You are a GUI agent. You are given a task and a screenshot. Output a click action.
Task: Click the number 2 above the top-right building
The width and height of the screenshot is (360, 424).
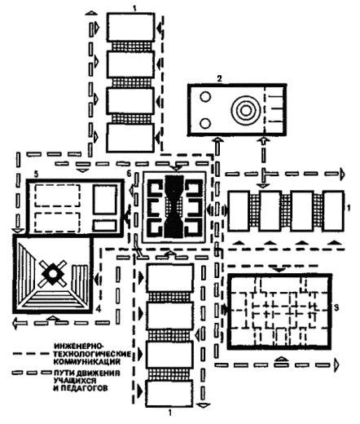219,79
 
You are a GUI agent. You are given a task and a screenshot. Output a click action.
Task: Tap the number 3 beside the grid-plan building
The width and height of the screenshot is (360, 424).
336,308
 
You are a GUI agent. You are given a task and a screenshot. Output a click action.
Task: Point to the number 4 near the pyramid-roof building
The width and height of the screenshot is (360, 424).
99,309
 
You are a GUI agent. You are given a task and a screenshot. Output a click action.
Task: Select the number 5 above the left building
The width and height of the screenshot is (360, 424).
36,174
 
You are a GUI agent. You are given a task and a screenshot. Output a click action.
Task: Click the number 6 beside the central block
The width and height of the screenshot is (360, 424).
130,174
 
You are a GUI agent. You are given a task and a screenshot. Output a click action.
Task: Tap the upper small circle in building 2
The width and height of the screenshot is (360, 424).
205,97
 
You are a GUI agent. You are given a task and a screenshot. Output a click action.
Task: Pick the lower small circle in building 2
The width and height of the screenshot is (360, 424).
205,124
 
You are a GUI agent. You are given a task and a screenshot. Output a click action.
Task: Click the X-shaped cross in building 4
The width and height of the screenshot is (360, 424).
53,274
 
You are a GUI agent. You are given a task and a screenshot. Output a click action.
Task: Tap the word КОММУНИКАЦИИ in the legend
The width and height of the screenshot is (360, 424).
87,362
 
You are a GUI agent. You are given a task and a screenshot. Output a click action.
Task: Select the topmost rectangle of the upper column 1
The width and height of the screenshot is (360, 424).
130,27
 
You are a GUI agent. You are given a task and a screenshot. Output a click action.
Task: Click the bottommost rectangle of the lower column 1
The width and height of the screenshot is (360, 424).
169,393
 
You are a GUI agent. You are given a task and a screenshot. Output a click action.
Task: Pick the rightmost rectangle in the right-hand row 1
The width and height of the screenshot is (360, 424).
333,211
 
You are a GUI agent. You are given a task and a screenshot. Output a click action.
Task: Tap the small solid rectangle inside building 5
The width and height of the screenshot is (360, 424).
104,226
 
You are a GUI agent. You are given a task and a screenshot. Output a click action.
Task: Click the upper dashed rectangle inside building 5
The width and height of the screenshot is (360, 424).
57,196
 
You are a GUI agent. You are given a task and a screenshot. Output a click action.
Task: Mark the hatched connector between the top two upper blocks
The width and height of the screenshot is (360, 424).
130,46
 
